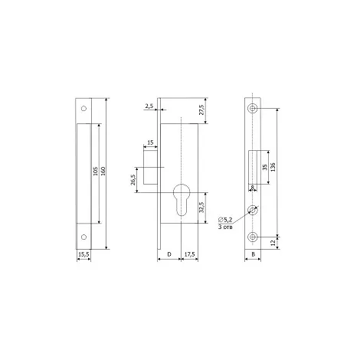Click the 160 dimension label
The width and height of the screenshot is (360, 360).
103,171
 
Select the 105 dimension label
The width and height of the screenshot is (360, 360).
96,171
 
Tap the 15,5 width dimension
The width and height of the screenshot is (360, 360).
83,254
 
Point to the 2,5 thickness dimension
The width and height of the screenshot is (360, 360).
149,106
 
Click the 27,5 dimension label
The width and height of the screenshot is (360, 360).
201,110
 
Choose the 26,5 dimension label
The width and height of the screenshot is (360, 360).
133,180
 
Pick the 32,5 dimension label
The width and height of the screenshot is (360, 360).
201,207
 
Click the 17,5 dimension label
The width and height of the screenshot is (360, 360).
189,254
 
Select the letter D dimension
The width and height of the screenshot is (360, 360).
169,254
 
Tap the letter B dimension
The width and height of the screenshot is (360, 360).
254,254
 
